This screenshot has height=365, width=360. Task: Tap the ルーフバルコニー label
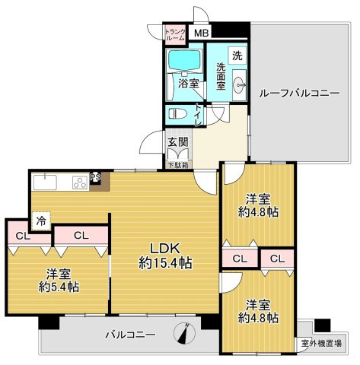(x=298, y=93)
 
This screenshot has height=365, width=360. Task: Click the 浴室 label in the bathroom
(x=187, y=84)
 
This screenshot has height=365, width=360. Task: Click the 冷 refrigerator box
(x=38, y=222)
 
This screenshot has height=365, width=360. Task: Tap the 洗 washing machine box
(x=237, y=56)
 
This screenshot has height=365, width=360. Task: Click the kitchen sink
(x=43, y=182)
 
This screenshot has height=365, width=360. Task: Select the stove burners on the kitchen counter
(x=79, y=182)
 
